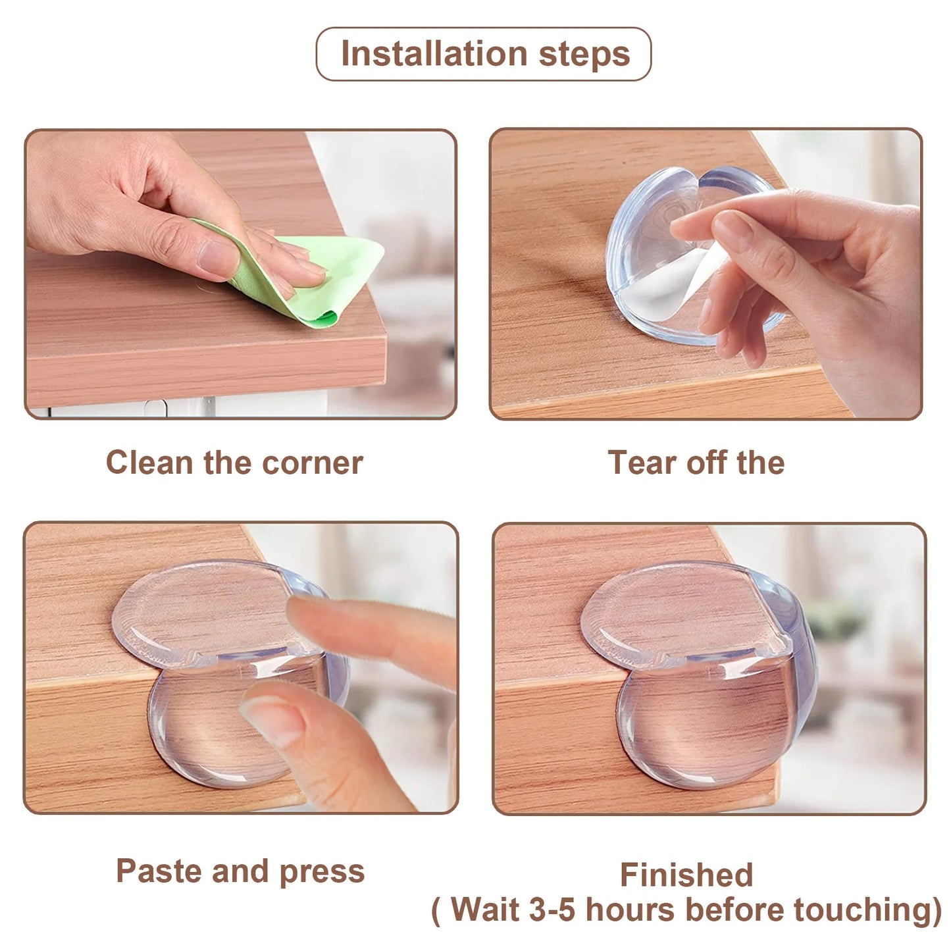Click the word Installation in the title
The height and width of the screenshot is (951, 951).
coord(434,53)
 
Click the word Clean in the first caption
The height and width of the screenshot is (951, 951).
coord(149,463)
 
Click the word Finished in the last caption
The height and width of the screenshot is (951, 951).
coord(686,875)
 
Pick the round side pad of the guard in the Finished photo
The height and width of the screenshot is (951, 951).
coord(711,725)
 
